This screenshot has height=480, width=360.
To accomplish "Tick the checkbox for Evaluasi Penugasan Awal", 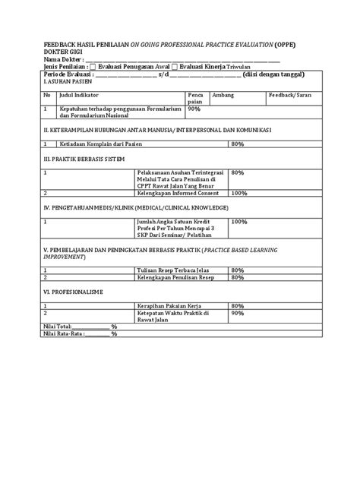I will tap(93, 68).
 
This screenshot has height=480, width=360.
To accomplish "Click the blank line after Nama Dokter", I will tap(182, 60).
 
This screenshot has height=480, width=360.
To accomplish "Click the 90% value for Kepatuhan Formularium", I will tap(194, 109).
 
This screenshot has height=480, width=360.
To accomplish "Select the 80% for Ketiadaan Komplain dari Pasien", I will tap(237, 144).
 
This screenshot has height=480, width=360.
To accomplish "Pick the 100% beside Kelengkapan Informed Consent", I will tap(239, 193).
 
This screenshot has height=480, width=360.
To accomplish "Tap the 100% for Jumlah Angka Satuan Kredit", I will tap(239, 222).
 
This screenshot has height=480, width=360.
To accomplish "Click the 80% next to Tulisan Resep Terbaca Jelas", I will tap(237, 270).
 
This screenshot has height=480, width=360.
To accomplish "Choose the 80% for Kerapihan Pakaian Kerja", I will tap(237, 305).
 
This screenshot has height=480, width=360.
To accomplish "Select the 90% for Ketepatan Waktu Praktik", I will tap(237, 312).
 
